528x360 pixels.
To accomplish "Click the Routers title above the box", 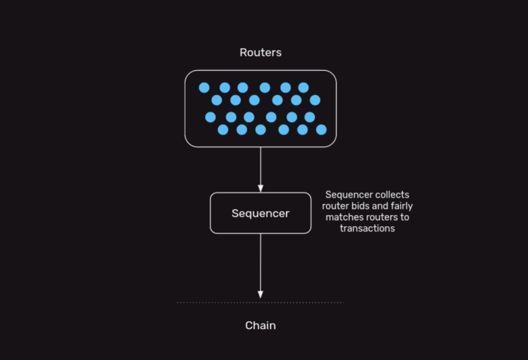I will pyautogui.click(x=261, y=52).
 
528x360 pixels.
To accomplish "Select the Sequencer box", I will pyautogui.click(x=261, y=213).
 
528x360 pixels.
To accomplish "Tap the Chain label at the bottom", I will pyautogui.click(x=261, y=325).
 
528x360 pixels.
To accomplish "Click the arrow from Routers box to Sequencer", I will pyautogui.click(x=261, y=166).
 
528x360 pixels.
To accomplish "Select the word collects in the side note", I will pyautogui.click(x=389, y=195).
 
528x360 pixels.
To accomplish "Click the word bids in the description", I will pyautogui.click(x=359, y=206).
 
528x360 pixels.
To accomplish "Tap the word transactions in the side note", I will pyautogui.click(x=367, y=228).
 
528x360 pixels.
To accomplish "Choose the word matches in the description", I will pyautogui.click(x=342, y=217).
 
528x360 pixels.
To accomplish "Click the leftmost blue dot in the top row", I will pyautogui.click(x=204, y=87).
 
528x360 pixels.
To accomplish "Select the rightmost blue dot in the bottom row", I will pyautogui.click(x=321, y=129).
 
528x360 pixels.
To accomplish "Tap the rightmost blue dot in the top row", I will pyautogui.click(x=304, y=87).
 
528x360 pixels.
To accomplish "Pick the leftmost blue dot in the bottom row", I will pyautogui.click(x=223, y=129).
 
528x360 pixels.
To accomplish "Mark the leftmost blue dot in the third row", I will pyautogui.click(x=211, y=117).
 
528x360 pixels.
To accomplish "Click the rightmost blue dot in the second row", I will pyautogui.click(x=315, y=100).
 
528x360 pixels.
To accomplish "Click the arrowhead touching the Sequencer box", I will pyautogui.click(x=261, y=189).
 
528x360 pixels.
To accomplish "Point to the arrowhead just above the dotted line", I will pyautogui.click(x=261, y=295).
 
